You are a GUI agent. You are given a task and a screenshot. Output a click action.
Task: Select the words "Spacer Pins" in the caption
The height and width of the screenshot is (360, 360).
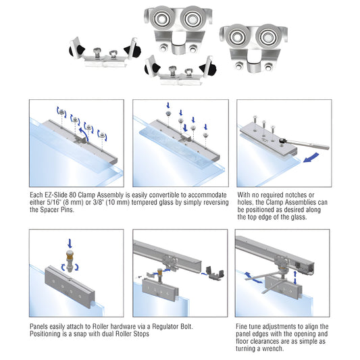click(56, 210)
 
